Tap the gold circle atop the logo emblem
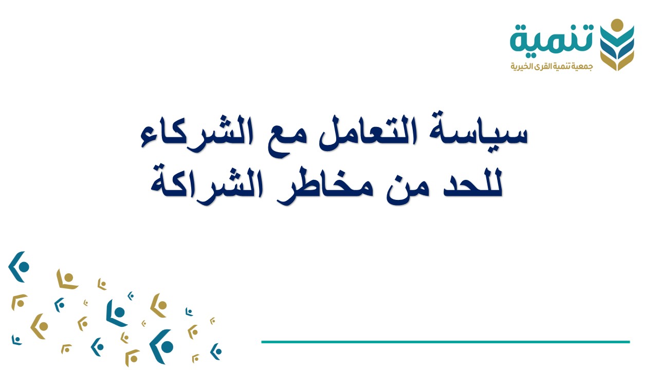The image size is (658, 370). coord(617,24)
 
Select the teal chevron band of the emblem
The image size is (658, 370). coord(617,37)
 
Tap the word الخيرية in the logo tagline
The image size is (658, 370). coord(520,67)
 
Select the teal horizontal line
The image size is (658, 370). coord(445,342)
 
